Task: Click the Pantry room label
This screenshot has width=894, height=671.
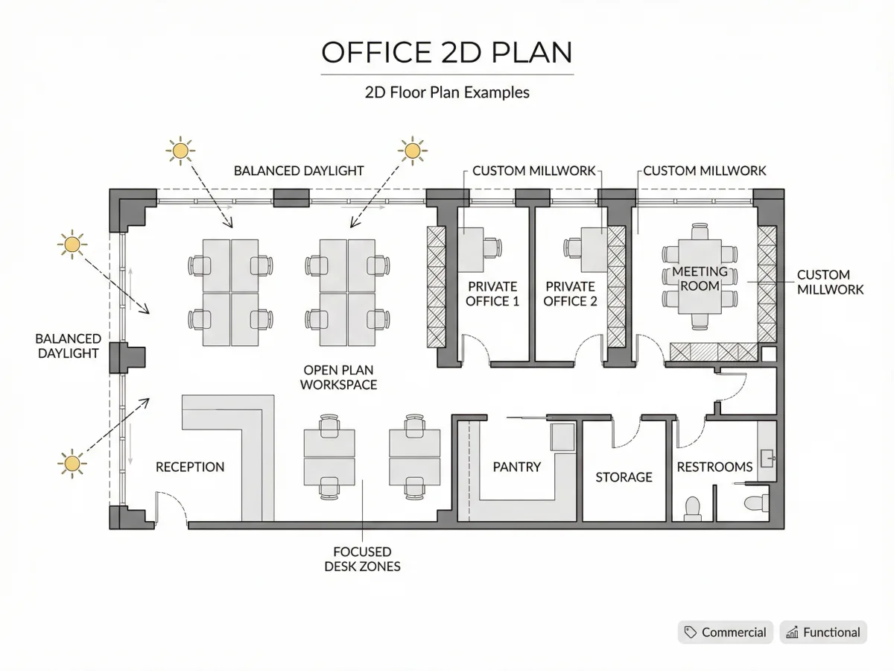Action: point(516,467)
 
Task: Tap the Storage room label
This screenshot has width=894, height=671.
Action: point(624,476)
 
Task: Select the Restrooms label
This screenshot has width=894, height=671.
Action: point(714,467)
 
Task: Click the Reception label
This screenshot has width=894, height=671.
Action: point(190,467)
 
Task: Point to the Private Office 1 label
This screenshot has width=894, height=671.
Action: point(492,294)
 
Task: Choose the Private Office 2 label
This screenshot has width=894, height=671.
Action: point(570,294)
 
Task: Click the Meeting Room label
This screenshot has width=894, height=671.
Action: point(700,279)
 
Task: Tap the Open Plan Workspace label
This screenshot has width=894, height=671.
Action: point(338,377)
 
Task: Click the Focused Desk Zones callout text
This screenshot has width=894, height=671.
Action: point(362,559)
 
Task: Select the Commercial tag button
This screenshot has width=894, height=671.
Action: point(726,632)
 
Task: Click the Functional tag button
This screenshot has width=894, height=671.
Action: point(823,632)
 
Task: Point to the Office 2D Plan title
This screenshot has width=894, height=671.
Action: point(447,52)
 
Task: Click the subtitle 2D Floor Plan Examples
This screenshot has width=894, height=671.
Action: point(447,92)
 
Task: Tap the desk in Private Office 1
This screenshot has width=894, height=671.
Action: point(470,250)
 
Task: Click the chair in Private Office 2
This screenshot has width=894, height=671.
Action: point(572,248)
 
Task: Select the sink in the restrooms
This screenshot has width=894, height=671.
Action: point(767,459)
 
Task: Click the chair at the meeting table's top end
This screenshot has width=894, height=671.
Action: point(700,231)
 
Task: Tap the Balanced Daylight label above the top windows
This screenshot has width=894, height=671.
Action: point(299,171)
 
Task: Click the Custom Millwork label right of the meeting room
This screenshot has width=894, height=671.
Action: point(830,282)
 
